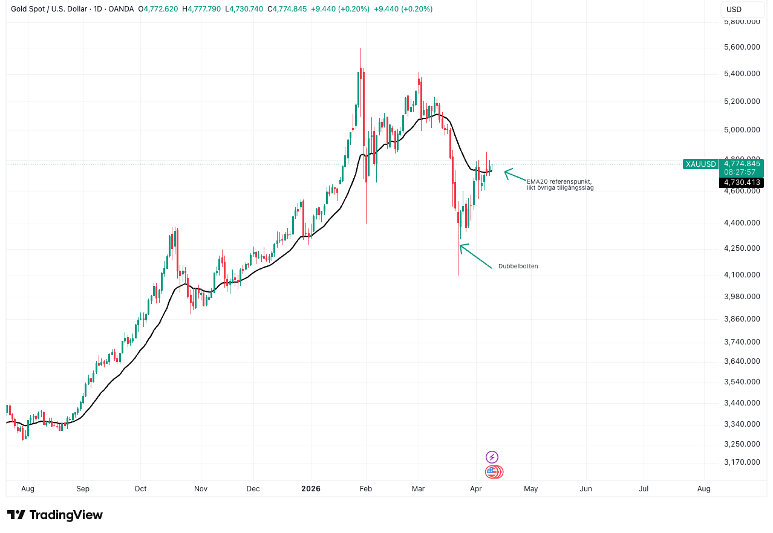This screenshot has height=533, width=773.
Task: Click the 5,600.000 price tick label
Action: [x=742, y=47]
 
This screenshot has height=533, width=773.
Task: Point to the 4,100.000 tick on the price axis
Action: [x=742, y=275]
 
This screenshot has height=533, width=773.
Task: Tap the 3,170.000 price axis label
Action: [x=742, y=462]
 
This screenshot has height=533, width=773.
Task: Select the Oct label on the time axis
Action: [x=140, y=488]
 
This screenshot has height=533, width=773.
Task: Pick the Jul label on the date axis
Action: [x=644, y=488]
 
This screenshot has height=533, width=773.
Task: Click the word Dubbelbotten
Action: [x=518, y=266]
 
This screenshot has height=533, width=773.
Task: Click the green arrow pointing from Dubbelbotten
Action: [x=476, y=256]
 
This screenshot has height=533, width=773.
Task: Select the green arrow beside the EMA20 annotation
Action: [x=515, y=176]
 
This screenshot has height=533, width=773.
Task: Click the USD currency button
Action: [x=734, y=10]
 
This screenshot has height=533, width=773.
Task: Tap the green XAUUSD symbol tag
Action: [x=700, y=164]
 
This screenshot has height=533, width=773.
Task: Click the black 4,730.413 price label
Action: [x=742, y=183]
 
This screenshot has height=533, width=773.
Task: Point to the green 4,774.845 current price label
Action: [x=742, y=164]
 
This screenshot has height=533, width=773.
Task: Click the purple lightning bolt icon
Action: [x=492, y=457]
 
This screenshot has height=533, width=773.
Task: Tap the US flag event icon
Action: [x=492, y=472]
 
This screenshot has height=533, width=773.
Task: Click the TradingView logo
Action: [x=55, y=515]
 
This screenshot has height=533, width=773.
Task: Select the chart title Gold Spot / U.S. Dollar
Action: [x=54, y=10]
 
